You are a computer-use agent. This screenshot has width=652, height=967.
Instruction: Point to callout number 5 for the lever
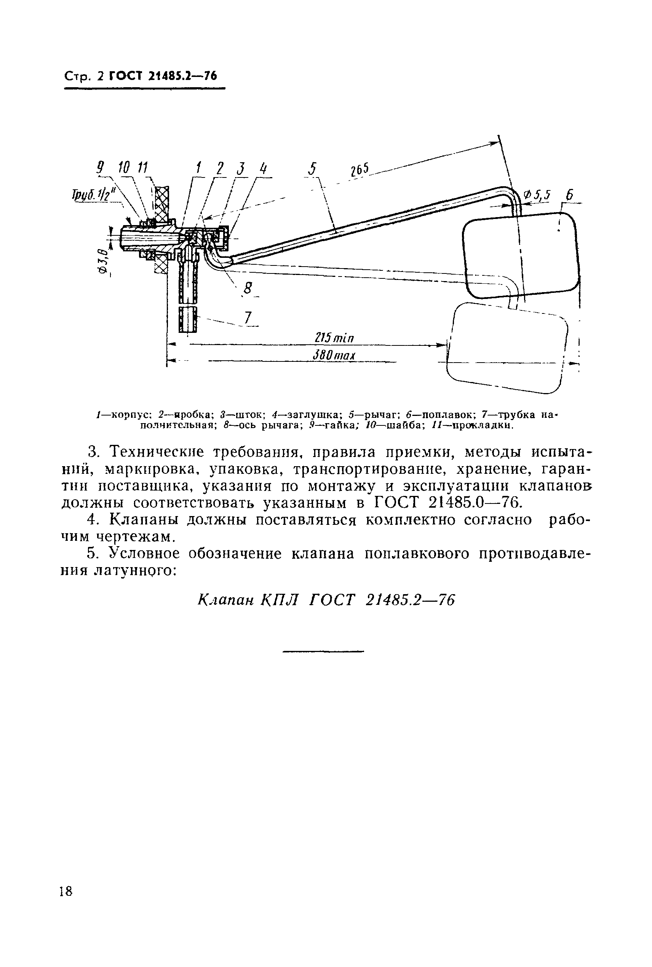[312, 169]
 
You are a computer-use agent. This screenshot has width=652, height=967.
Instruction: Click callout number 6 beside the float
[569, 195]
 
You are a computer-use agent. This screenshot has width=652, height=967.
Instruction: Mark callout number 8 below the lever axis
[248, 288]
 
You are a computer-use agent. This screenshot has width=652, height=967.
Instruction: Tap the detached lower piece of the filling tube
[189, 319]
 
